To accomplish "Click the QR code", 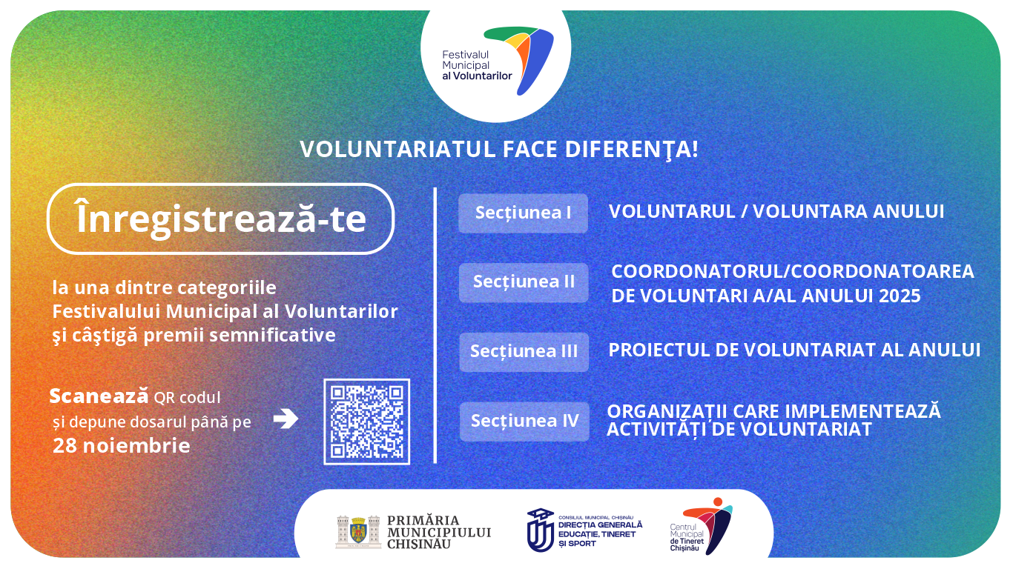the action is pos(367,422).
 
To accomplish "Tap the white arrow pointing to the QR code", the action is pos(286,419).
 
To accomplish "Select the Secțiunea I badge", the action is pos(524,213).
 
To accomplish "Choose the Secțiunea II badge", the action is pos(524,282).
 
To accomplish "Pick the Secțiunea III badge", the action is pos(524,352).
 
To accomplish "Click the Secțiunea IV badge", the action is pos(524,422).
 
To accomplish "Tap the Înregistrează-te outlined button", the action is pos(221,219).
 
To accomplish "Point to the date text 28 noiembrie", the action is pos(121,445).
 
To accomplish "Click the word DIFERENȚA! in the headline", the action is pos(631,150).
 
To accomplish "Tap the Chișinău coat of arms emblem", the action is pos(358,532).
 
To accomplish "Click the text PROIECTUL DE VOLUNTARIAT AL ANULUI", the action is pos(794,350).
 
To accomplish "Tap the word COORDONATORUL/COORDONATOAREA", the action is pos(793,272).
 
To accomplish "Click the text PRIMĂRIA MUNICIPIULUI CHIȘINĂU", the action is pos(439,533).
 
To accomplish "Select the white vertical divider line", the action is pos(435,325).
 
